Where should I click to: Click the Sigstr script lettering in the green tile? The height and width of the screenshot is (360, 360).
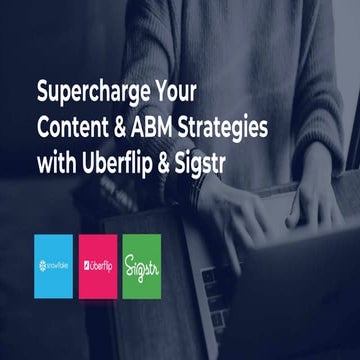tap(141, 267)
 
